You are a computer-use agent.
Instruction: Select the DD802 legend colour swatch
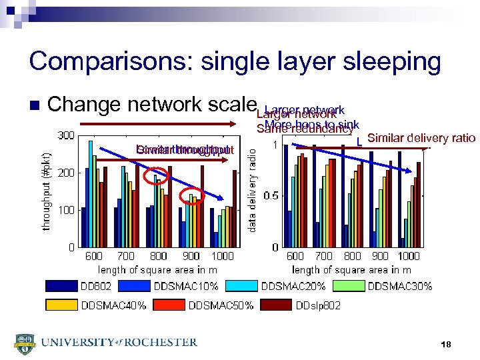point(61,287)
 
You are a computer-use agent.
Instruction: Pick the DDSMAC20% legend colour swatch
point(241,287)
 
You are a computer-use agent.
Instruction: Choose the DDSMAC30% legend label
point(399,287)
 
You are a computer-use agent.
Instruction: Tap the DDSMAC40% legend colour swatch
point(61,305)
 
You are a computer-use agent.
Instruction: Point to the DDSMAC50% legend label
point(221,305)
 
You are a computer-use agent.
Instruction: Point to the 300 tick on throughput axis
point(65,135)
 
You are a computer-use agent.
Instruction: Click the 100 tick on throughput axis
point(65,210)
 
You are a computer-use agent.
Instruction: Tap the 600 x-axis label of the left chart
point(93,256)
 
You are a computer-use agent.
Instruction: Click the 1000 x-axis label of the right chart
point(409,256)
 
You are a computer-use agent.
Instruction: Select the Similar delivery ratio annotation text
point(421,138)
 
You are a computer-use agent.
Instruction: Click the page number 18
point(446,344)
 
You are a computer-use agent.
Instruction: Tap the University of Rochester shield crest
point(24,343)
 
